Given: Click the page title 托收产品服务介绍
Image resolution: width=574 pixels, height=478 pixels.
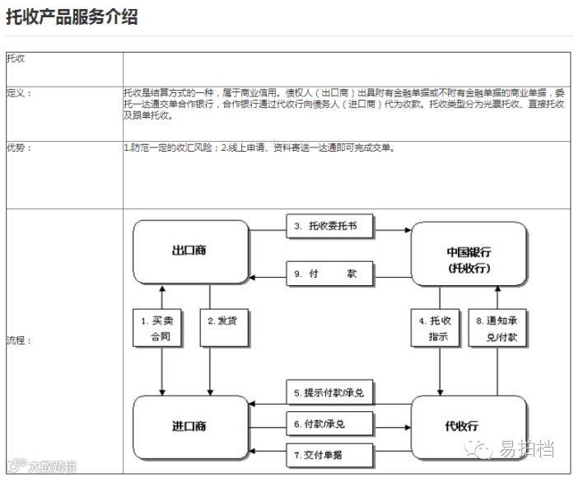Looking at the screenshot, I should pos(72,17).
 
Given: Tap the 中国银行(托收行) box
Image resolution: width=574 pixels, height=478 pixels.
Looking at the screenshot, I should pos(469,258).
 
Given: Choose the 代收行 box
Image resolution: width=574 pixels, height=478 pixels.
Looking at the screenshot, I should pos(469,426).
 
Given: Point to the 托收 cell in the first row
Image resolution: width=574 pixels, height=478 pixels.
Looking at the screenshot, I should pos(16,59).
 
